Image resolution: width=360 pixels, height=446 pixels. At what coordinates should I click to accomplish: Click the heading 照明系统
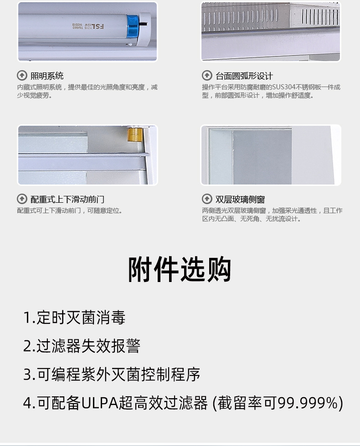(x=47, y=76)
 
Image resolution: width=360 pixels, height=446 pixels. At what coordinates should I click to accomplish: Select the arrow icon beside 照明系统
(x=22, y=76)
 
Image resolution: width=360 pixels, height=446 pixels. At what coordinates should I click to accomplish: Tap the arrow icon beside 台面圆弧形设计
(x=207, y=76)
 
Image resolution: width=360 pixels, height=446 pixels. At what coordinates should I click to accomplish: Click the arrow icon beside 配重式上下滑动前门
(x=22, y=199)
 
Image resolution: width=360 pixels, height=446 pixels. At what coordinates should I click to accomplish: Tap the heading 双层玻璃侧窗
(x=240, y=200)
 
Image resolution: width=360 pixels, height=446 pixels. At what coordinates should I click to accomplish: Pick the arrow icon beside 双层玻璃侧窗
(x=207, y=199)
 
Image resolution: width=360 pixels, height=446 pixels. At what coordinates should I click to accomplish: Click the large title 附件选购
(x=180, y=269)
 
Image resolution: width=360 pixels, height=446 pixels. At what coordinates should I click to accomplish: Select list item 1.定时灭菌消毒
(x=74, y=318)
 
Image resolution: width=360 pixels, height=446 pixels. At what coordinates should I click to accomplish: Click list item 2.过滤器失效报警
(x=82, y=346)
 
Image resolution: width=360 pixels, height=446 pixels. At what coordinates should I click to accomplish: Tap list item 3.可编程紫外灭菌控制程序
(x=112, y=374)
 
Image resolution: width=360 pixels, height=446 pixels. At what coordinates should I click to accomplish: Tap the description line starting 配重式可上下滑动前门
(x=70, y=210)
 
